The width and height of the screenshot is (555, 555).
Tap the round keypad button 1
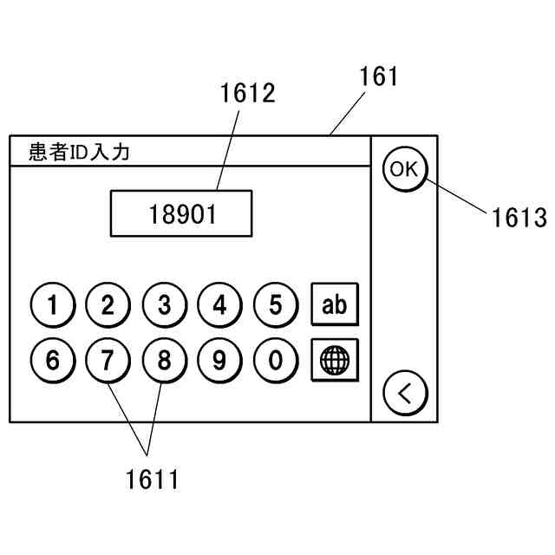53,305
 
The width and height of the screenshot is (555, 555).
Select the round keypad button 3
164,305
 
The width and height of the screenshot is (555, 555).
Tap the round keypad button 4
219,305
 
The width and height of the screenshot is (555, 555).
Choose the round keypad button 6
53,360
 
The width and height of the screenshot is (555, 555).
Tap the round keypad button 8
164,360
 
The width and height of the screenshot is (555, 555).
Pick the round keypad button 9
219,360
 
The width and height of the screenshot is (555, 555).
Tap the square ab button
334,305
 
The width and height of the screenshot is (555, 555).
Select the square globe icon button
334,359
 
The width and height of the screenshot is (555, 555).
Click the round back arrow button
405,395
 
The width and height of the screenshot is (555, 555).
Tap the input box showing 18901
181,213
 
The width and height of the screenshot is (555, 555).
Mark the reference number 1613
519,217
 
